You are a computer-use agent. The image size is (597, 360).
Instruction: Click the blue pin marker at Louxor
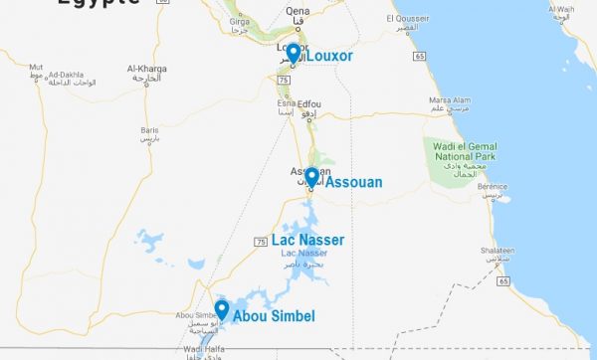click(x=293, y=53)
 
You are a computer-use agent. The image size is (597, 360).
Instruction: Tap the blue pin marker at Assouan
click(x=311, y=177)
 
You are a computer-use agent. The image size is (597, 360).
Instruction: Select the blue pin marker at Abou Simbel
click(x=222, y=310)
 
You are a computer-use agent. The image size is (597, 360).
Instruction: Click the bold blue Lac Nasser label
click(x=307, y=240)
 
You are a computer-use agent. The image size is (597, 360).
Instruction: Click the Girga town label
click(x=240, y=20)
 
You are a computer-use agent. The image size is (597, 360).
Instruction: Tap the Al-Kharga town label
click(x=145, y=69)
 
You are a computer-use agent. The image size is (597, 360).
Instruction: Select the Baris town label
click(x=149, y=130)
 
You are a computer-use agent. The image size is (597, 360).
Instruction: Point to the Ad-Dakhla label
click(x=68, y=74)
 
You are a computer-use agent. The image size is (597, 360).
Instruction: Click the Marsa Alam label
click(x=448, y=99)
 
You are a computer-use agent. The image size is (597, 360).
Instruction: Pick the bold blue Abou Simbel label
click(x=275, y=316)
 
